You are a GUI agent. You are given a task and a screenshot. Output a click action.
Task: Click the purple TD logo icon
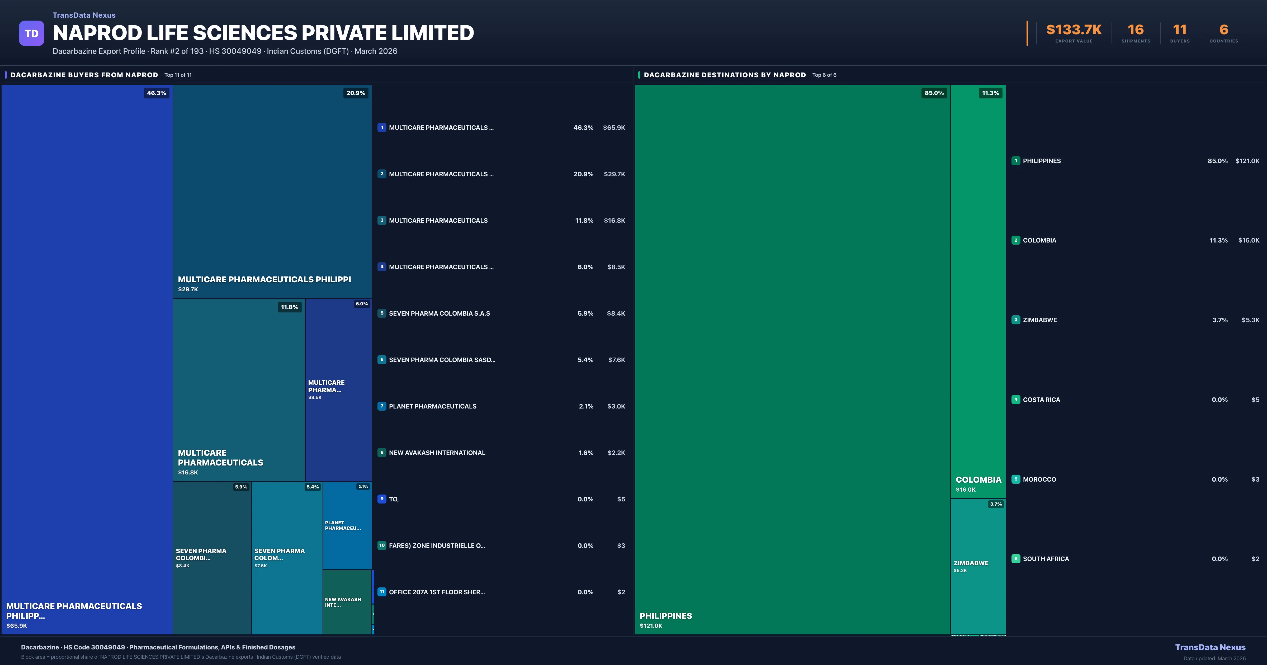[x=31, y=34]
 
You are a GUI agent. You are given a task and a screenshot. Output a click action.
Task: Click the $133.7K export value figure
[x=1074, y=30]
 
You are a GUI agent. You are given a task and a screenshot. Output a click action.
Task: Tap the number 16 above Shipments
[x=1136, y=30]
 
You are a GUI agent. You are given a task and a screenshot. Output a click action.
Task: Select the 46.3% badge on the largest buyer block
[x=157, y=93]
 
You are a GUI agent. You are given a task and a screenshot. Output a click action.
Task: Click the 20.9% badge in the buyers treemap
[x=356, y=93]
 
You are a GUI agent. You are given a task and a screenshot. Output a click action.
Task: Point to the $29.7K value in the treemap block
[x=188, y=289]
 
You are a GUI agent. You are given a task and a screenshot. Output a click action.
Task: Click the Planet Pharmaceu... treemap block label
[x=343, y=525]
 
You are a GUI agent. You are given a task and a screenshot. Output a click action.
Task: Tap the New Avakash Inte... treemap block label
[x=343, y=602]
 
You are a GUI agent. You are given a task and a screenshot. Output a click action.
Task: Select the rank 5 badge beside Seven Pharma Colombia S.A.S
[x=382, y=313]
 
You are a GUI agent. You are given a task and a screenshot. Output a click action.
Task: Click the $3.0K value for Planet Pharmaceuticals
[x=616, y=406]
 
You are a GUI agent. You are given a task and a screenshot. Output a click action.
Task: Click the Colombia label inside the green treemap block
[x=978, y=479]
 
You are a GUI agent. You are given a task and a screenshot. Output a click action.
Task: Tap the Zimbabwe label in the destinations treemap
[x=971, y=563]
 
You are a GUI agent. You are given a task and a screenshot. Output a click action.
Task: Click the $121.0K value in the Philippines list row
[x=1247, y=161]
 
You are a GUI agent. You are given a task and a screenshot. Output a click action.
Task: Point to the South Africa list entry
[x=1046, y=559]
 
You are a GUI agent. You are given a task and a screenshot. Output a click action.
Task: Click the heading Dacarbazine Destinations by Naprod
[x=725, y=75]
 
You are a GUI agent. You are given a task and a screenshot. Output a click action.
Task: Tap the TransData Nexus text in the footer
[x=1210, y=647]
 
